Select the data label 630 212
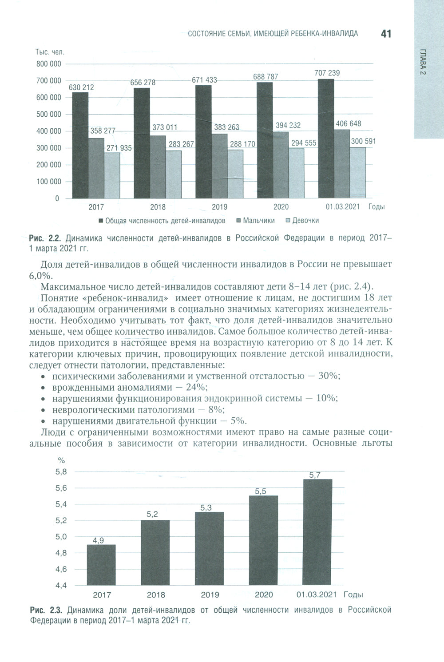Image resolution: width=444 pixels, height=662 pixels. [x=81, y=87]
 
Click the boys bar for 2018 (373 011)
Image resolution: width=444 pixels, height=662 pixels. [x=158, y=166]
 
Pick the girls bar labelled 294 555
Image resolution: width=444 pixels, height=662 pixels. [x=296, y=173]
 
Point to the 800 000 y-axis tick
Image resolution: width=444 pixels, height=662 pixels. [x=48, y=64]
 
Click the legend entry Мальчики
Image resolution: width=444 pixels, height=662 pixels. [x=258, y=221]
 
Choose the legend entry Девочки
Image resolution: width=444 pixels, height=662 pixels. [x=305, y=221]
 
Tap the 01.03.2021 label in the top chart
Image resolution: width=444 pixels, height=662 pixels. [x=342, y=207]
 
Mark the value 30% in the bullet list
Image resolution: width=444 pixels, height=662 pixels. [x=329, y=376]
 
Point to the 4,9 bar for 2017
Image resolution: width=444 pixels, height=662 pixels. [x=101, y=565]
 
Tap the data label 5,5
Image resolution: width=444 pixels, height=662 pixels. [x=261, y=492]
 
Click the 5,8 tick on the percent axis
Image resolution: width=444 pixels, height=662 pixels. [x=61, y=472]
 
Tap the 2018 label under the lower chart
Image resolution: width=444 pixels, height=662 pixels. [x=156, y=595]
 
